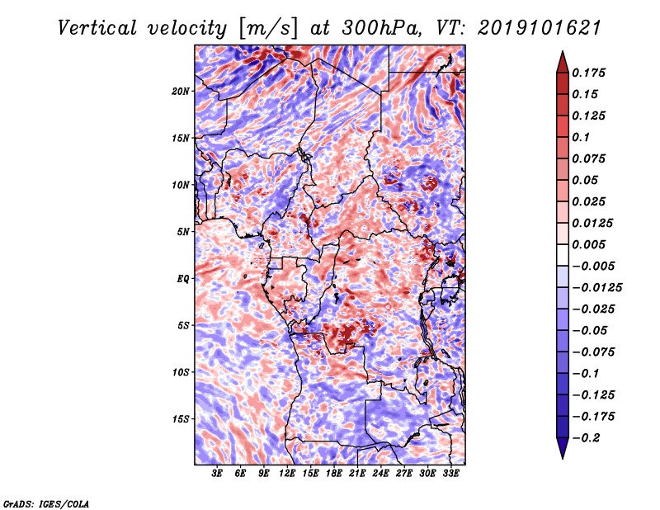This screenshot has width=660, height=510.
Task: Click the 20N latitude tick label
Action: click(180, 92)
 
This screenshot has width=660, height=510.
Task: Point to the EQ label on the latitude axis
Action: click(183, 279)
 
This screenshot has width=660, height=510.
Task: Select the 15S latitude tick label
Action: click(181, 419)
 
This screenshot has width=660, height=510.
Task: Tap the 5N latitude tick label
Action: click(183, 232)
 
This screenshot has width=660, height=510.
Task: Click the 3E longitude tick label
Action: click(217, 474)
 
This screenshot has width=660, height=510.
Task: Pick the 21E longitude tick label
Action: click(357, 474)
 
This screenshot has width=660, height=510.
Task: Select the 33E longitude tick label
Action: click(450, 474)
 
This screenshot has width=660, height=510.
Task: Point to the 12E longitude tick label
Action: click(286, 474)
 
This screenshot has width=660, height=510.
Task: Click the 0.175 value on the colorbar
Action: click(588, 73)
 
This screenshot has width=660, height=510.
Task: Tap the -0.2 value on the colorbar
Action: click(586, 438)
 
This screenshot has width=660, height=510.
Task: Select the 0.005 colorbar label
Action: click(588, 244)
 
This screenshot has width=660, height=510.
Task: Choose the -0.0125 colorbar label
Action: click(596, 288)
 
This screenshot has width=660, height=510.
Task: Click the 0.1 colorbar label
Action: click(581, 137)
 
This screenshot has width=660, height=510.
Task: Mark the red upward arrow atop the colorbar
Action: click(563, 62)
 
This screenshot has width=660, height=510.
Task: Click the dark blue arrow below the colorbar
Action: click(563, 448)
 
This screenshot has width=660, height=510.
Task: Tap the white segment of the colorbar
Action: click(563, 255)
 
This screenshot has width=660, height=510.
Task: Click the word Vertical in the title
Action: click(97, 28)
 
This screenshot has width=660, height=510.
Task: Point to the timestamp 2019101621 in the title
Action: click(540, 28)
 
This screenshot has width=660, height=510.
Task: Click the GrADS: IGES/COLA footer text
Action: click(46, 503)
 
